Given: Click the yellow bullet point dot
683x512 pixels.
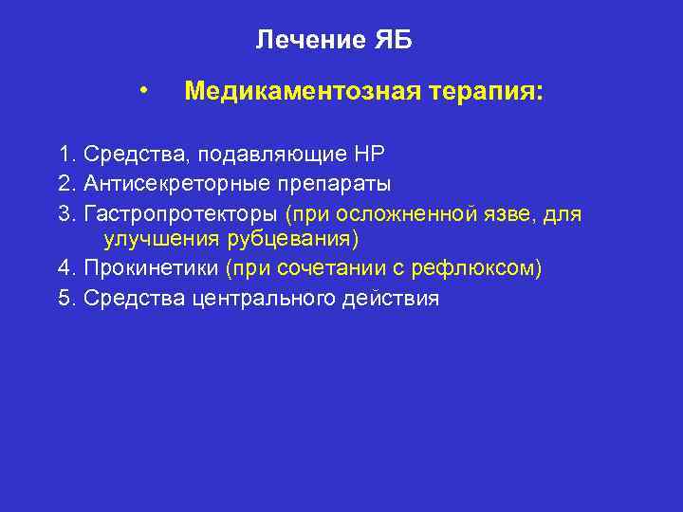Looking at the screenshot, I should coord(141,90).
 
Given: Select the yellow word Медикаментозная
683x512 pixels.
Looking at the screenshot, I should coord(305,92).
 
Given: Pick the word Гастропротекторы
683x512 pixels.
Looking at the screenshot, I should coord(165,211).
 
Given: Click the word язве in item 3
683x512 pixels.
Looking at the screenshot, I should coord(515,211).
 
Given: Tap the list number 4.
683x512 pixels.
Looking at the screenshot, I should coord(65,269).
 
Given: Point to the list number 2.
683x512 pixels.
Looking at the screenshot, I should coord(65,182).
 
